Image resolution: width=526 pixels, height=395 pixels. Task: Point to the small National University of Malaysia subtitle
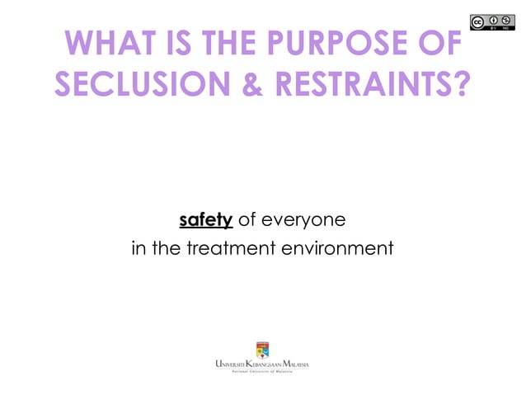point(262,374)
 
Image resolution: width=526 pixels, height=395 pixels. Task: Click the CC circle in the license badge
point(479,22)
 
